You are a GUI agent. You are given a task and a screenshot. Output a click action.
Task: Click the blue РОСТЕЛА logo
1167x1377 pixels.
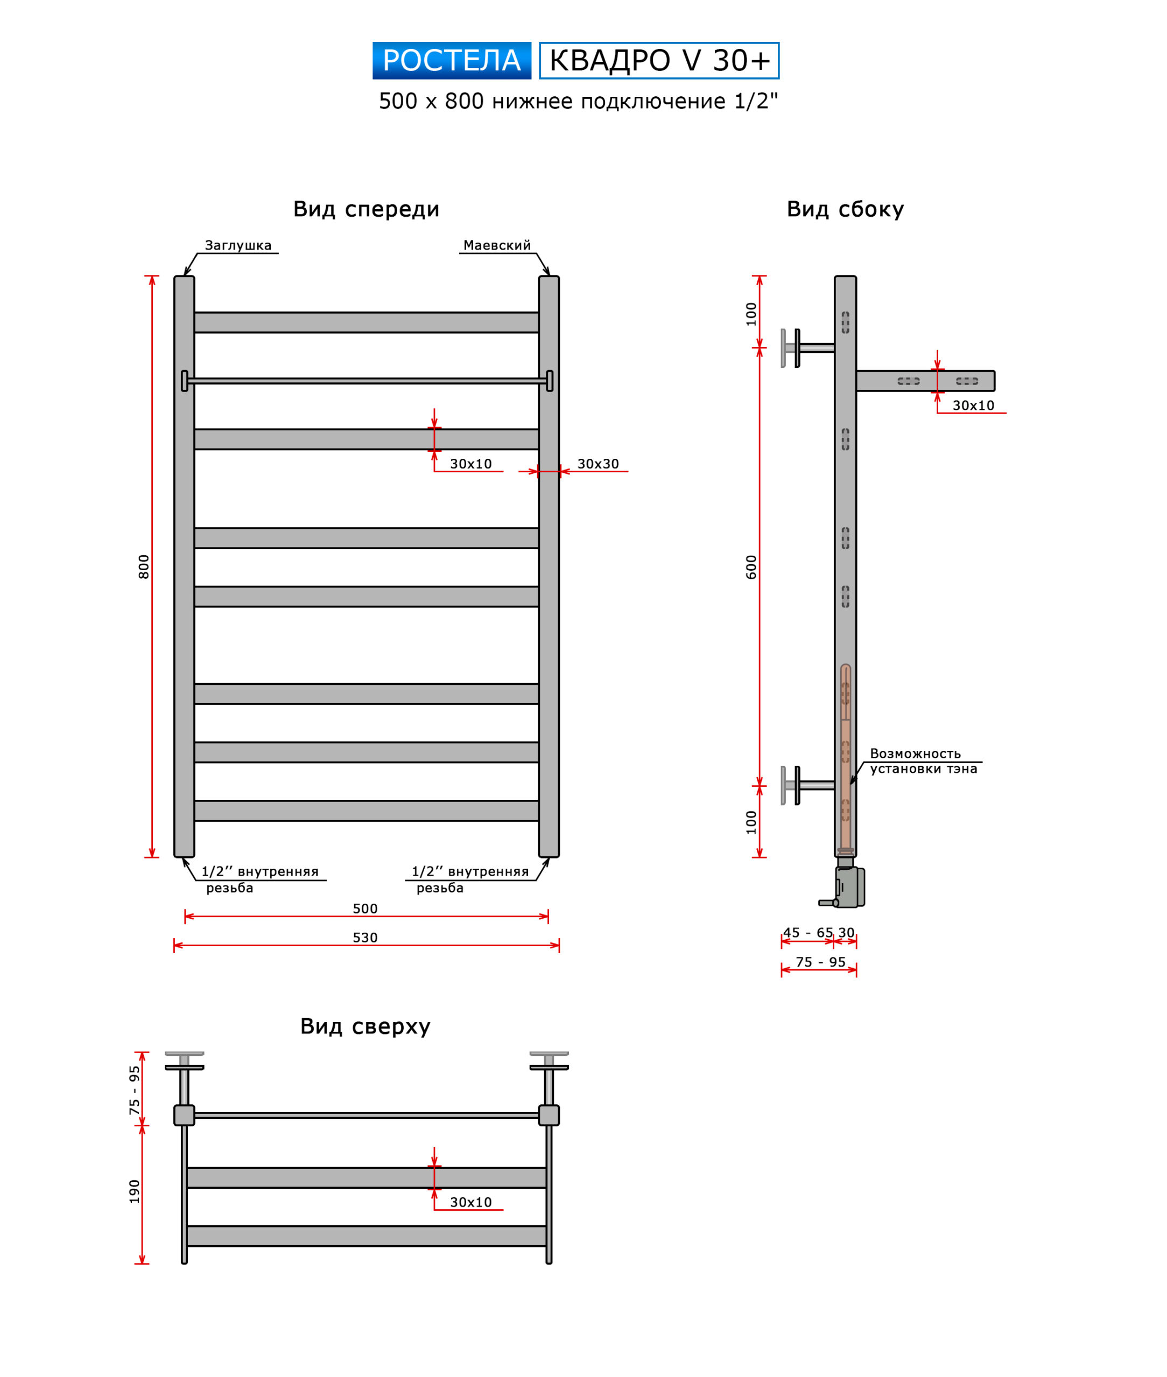coord(451,61)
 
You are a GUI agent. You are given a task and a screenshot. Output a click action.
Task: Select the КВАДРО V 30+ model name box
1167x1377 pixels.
coord(659,61)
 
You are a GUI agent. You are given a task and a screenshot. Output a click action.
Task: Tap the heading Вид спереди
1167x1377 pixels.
coord(366,209)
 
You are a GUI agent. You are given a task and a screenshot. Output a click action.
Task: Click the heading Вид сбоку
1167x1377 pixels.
coord(845,209)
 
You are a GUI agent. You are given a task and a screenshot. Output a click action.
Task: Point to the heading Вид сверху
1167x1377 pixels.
coord(365,1026)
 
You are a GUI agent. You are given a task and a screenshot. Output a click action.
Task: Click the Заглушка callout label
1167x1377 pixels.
coord(238,245)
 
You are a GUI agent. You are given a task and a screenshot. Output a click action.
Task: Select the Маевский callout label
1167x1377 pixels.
coord(497,245)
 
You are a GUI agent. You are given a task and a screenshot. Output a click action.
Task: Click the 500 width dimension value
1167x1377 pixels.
coord(365,908)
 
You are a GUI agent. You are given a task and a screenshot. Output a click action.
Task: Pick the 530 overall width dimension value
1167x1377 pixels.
coord(365,938)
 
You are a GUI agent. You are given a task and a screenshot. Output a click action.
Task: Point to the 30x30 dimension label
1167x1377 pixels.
coord(598,464)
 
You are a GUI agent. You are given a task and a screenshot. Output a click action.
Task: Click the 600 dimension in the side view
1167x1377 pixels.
coord(751,567)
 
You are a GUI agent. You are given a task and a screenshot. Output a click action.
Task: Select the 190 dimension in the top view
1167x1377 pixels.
coord(134,1192)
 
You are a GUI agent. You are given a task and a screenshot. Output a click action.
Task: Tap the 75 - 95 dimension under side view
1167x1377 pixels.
coord(820,962)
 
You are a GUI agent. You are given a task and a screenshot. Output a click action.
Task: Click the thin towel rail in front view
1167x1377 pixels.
coord(367,381)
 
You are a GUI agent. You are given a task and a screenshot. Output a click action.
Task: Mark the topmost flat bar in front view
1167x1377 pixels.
coord(367,323)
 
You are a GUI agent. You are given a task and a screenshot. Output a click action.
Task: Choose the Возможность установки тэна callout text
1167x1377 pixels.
coord(923,761)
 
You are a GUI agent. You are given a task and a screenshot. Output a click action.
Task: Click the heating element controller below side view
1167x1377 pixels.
coord(849,887)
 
